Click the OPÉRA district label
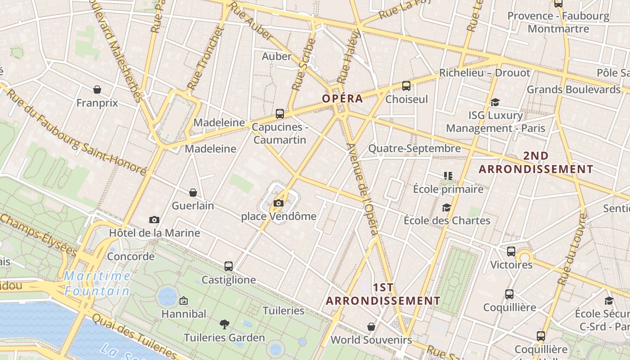(342, 99)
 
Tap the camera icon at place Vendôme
(279, 203)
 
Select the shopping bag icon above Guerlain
(193, 193)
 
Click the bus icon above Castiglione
(229, 266)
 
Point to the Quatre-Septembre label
(414, 148)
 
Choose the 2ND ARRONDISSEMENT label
(536, 162)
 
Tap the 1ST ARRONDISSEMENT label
(383, 294)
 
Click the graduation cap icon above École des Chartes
(446, 207)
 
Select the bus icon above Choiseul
(406, 86)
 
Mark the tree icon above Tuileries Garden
(224, 324)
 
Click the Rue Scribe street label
(304, 64)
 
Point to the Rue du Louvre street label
(571, 250)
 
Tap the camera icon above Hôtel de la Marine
(154, 220)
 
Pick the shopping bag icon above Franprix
(97, 90)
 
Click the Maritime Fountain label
(97, 283)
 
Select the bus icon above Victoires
(511, 252)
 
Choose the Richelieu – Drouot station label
(485, 73)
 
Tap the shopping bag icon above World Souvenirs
(371, 327)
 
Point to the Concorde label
(131, 256)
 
